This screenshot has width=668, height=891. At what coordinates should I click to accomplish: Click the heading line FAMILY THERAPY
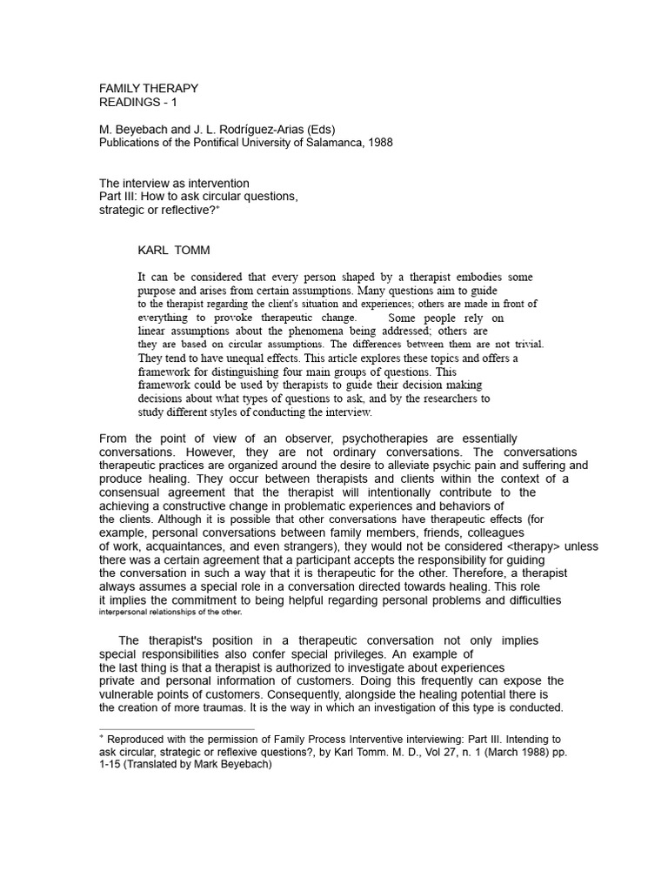pos(149,88)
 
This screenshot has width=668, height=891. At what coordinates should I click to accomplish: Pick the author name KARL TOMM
pos(174,251)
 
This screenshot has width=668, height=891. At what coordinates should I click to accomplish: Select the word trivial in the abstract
pos(524,344)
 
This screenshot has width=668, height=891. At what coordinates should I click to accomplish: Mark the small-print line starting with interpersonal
pos(183,613)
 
